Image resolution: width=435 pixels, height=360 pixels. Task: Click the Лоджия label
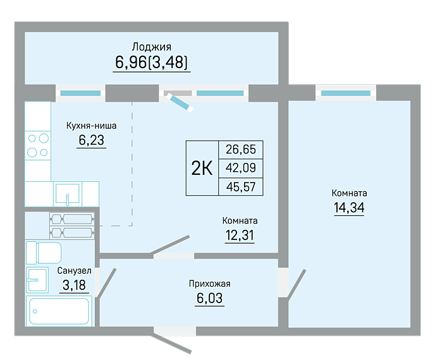[x=152, y=47]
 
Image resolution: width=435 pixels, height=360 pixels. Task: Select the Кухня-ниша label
[x=91, y=126]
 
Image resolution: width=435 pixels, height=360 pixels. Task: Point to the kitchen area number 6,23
[x=91, y=140]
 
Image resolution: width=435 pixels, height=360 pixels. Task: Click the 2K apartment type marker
[x=202, y=168]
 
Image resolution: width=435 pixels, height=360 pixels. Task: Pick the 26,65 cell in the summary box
[x=241, y=150]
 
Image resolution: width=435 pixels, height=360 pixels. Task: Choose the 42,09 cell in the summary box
[x=241, y=168]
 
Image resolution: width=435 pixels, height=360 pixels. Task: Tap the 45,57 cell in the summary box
[x=241, y=187]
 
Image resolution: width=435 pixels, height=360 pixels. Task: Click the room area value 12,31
[x=240, y=236]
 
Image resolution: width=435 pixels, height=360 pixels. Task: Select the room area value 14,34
[x=349, y=208]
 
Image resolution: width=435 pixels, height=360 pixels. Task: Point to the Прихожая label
[x=209, y=284]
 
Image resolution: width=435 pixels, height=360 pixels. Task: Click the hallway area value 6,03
[x=209, y=298]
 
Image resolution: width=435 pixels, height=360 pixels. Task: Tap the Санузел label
[x=74, y=270]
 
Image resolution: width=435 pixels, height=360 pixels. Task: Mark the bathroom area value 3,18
[x=74, y=285]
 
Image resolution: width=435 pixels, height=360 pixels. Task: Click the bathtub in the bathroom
[x=59, y=311]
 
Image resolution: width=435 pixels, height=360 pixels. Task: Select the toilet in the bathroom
[x=44, y=253]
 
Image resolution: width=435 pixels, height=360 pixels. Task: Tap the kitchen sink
[x=68, y=194]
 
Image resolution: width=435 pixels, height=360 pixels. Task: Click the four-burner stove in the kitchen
[x=38, y=145]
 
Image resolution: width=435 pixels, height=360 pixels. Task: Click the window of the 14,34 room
[x=346, y=93]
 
